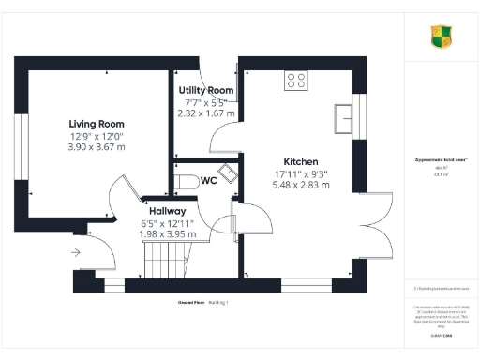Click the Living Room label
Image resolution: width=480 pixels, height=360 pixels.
(x=97, y=124)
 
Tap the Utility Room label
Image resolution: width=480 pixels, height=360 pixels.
(x=206, y=90)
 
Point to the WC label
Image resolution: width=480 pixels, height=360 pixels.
(x=209, y=181)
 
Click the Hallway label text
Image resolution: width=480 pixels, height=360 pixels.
(x=163, y=211)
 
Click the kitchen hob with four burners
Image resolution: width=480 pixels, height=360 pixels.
(x=296, y=81)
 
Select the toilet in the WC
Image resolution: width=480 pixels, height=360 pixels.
(x=186, y=181)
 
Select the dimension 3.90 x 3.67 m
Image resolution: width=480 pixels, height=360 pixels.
(x=97, y=148)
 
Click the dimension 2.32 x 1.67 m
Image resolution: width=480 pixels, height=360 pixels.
(x=206, y=112)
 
